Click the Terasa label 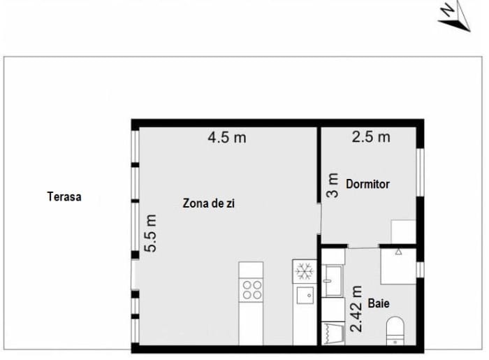[x=64, y=197]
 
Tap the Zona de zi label [x=209, y=203]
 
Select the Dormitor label [x=367, y=184]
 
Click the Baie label [x=379, y=303]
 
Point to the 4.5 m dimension [x=227, y=137]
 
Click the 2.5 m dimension [x=371, y=137]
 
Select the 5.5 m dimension [x=149, y=233]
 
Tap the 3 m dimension [x=333, y=185]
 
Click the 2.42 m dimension [x=356, y=309]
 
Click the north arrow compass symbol [x=454, y=16]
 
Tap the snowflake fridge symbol [x=304, y=271]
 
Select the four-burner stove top [x=251, y=290]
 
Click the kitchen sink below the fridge [x=305, y=295]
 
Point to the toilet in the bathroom [x=395, y=331]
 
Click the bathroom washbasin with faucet [x=333, y=281]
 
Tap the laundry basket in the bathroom [x=333, y=334]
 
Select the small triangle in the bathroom [x=399, y=252]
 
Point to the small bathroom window [x=421, y=270]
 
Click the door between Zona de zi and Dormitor [x=319, y=219]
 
